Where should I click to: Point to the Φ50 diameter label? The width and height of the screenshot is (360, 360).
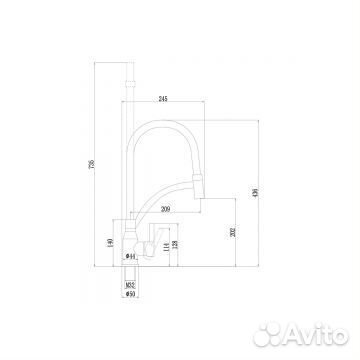point(129,296)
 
